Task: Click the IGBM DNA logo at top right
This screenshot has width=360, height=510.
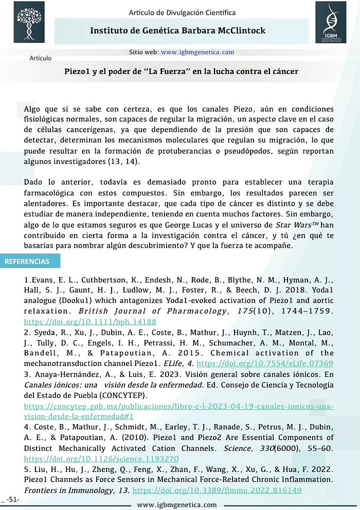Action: pyautogui.click(x=330, y=21)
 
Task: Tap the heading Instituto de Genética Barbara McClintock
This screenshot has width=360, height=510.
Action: pyautogui.click(x=177, y=31)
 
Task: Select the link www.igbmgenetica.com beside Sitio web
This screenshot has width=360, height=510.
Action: pyautogui.click(x=197, y=52)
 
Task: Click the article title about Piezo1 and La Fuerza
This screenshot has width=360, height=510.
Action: pyautogui.click(x=181, y=71)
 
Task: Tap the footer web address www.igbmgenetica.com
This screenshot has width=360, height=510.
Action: pyautogui.click(x=177, y=505)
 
